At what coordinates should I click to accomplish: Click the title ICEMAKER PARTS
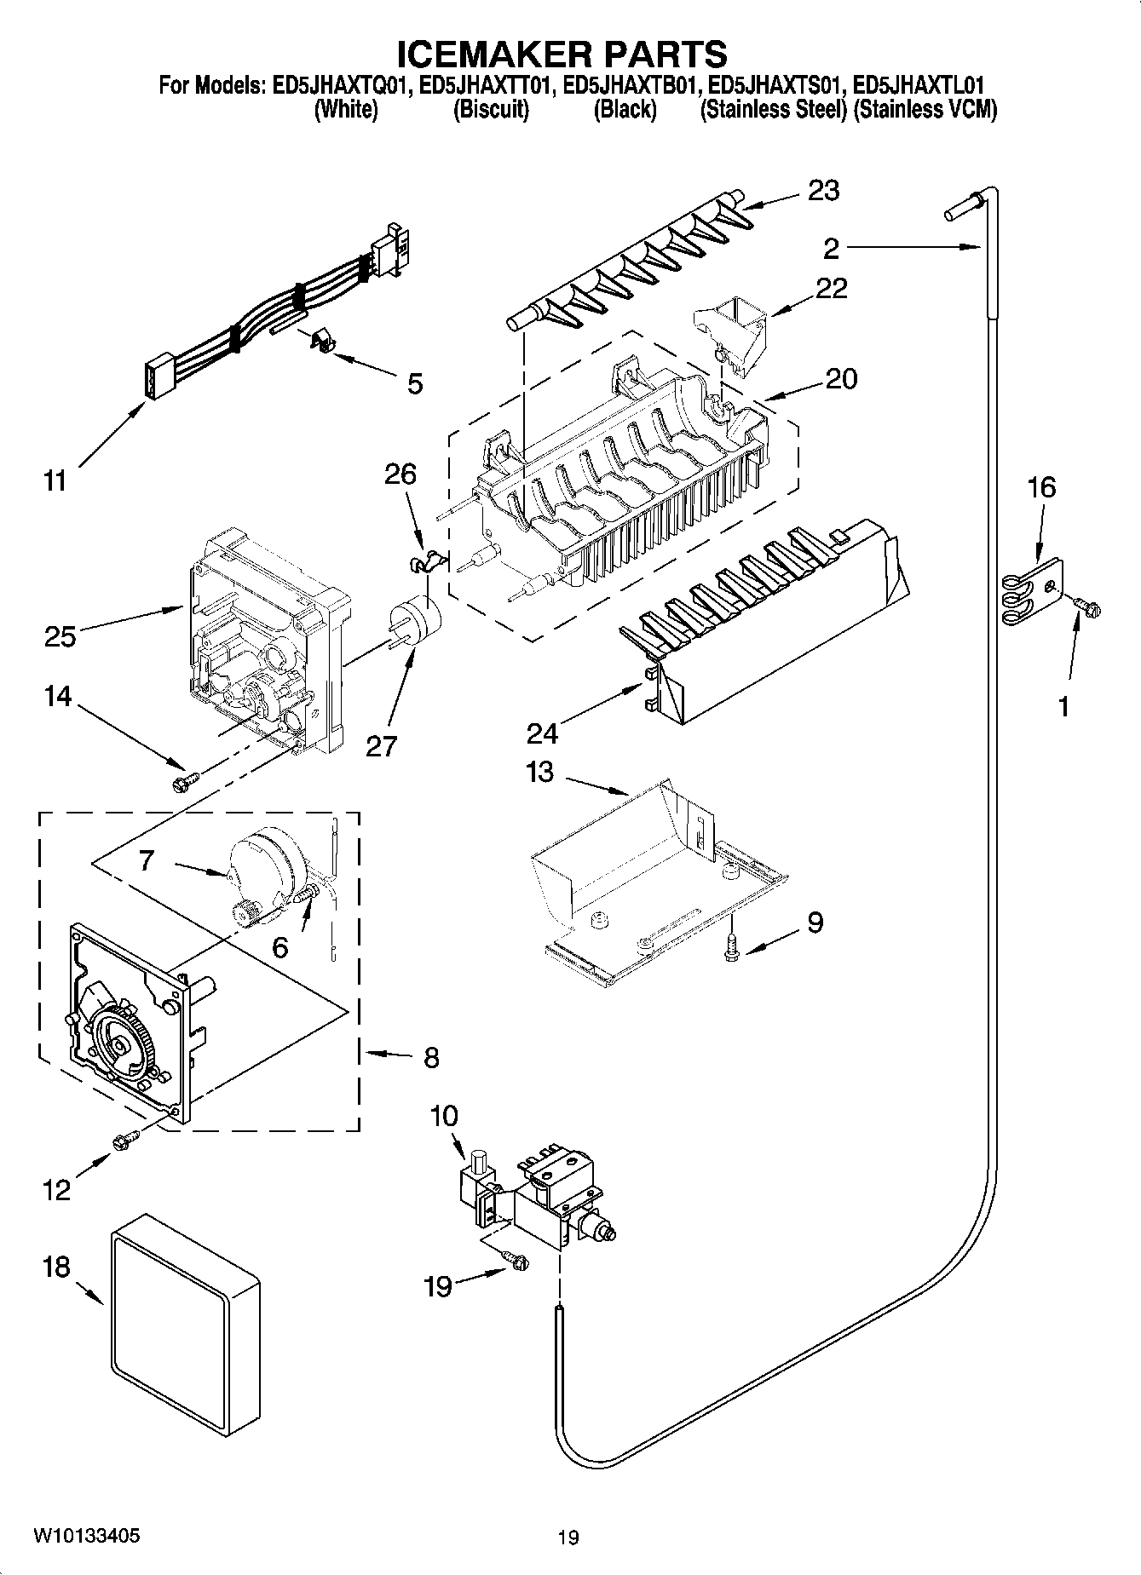(x=562, y=54)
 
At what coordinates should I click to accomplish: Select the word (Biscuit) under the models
(x=490, y=110)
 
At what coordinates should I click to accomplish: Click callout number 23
(x=822, y=191)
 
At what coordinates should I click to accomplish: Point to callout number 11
(x=55, y=481)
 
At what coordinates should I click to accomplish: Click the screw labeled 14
(x=185, y=780)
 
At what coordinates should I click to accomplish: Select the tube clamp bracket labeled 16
(x=1034, y=589)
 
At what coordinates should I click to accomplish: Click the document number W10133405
(x=86, y=1536)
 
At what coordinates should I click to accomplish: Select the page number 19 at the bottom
(x=568, y=1538)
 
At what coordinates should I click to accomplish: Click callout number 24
(x=542, y=732)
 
